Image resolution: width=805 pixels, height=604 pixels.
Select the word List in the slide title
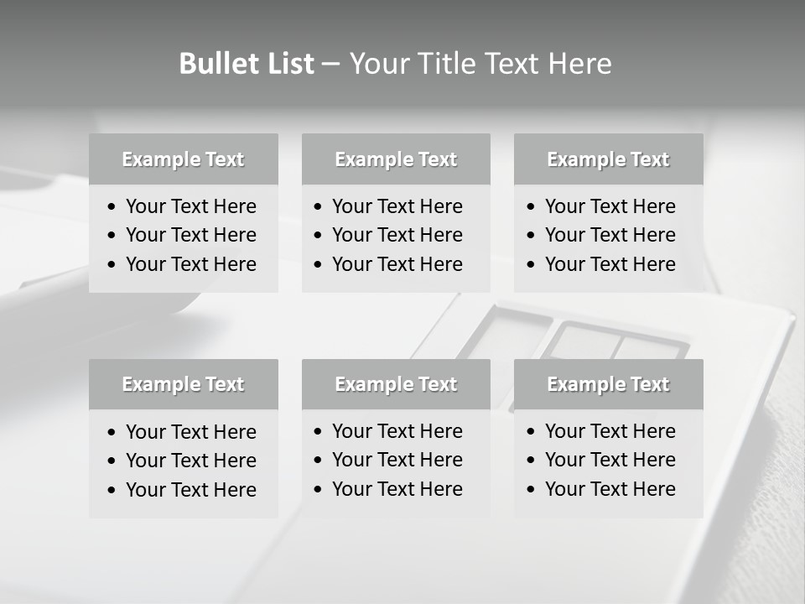[287, 64]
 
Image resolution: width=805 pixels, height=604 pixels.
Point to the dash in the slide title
[331, 65]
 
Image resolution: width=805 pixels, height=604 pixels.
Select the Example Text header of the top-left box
[183, 159]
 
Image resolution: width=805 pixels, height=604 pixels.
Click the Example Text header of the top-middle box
[396, 159]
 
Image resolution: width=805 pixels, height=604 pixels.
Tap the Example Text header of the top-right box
[608, 159]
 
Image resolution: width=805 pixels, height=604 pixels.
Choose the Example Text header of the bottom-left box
[183, 384]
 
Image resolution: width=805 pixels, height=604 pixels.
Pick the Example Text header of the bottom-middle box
[396, 384]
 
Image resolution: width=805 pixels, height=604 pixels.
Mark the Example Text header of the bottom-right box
[608, 384]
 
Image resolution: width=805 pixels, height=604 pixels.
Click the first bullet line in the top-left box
[190, 206]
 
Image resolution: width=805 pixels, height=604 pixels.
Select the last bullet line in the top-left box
[190, 264]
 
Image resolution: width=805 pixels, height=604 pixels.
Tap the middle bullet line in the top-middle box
[397, 235]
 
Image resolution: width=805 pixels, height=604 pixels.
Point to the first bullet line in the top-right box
[610, 206]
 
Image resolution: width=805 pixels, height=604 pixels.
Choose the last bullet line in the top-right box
[610, 264]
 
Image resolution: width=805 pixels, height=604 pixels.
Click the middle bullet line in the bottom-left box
[190, 461]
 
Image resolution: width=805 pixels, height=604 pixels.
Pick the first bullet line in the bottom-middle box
[397, 431]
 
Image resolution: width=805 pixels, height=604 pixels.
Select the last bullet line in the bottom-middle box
[397, 489]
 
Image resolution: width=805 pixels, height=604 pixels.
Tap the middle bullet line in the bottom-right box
[610, 460]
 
